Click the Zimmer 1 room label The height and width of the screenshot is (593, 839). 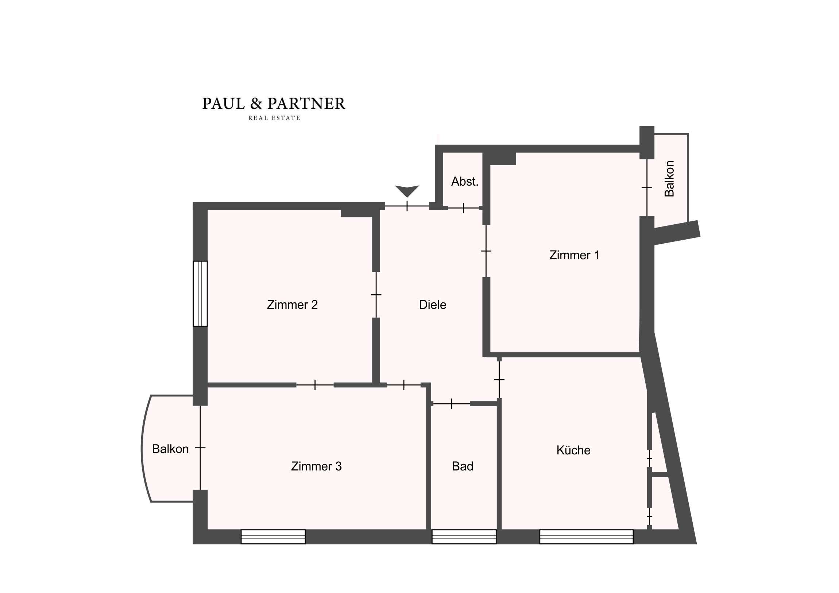click(x=574, y=255)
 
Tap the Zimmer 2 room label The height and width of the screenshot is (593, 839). click(x=292, y=305)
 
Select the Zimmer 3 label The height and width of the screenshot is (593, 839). click(x=316, y=466)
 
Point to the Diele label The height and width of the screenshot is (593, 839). click(x=432, y=305)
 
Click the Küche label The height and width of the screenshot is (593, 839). click(x=573, y=450)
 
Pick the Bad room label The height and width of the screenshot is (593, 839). click(x=462, y=466)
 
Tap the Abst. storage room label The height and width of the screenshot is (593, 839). click(x=464, y=181)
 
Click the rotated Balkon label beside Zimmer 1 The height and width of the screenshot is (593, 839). click(x=669, y=179)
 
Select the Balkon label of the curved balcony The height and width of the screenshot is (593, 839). click(x=170, y=449)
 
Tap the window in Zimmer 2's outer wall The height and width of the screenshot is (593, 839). click(x=200, y=293)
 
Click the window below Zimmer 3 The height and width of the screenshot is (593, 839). click(x=273, y=537)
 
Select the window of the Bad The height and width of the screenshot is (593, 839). click(x=464, y=537)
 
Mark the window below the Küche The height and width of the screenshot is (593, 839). click(x=586, y=537)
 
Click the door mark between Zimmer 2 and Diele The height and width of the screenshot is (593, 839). click(x=376, y=295)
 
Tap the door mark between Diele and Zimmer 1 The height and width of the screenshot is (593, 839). click(x=486, y=251)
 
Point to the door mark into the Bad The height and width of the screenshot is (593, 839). click(x=452, y=404)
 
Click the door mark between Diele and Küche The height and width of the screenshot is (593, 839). click(x=499, y=380)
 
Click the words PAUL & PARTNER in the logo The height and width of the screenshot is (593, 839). click(x=274, y=104)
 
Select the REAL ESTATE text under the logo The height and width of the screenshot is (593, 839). click(x=274, y=118)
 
